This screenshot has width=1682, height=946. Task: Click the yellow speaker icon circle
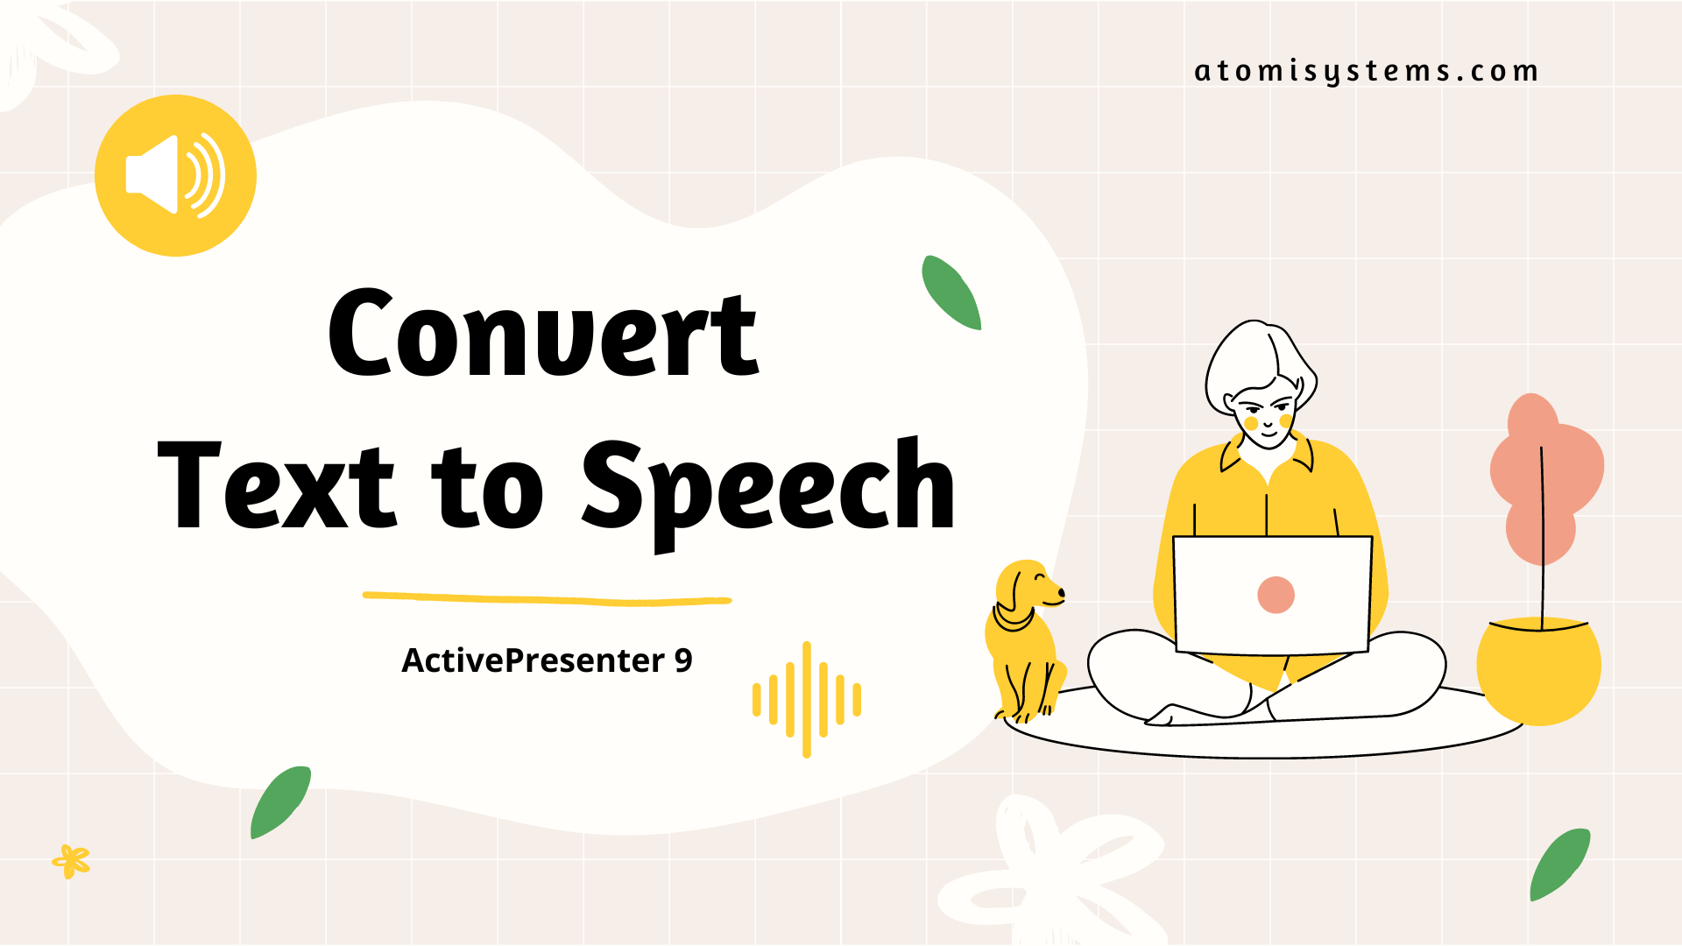pyautogui.click(x=175, y=175)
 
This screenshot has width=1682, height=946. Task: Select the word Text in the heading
pyautogui.click(x=277, y=486)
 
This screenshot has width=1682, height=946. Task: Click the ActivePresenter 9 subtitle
pyautogui.click(x=547, y=660)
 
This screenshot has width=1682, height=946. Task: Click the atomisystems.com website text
pyautogui.click(x=1366, y=71)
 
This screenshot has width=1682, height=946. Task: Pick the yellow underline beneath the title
pyautogui.click(x=547, y=599)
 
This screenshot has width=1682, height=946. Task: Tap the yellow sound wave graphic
pyautogui.click(x=807, y=699)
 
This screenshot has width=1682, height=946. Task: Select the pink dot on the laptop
pyautogui.click(x=1276, y=595)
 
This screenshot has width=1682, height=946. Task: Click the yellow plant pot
pyautogui.click(x=1538, y=670)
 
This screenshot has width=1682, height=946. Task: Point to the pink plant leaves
pyautogui.click(x=1546, y=477)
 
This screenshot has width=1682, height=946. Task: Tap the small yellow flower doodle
pyautogui.click(x=71, y=861)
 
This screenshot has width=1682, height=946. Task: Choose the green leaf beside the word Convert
pyautogui.click(x=951, y=293)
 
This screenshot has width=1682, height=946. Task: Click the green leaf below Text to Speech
pyautogui.click(x=280, y=801)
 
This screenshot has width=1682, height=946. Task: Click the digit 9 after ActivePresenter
pyautogui.click(x=683, y=660)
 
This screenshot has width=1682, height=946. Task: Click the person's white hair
pyautogui.click(x=1248, y=359)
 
